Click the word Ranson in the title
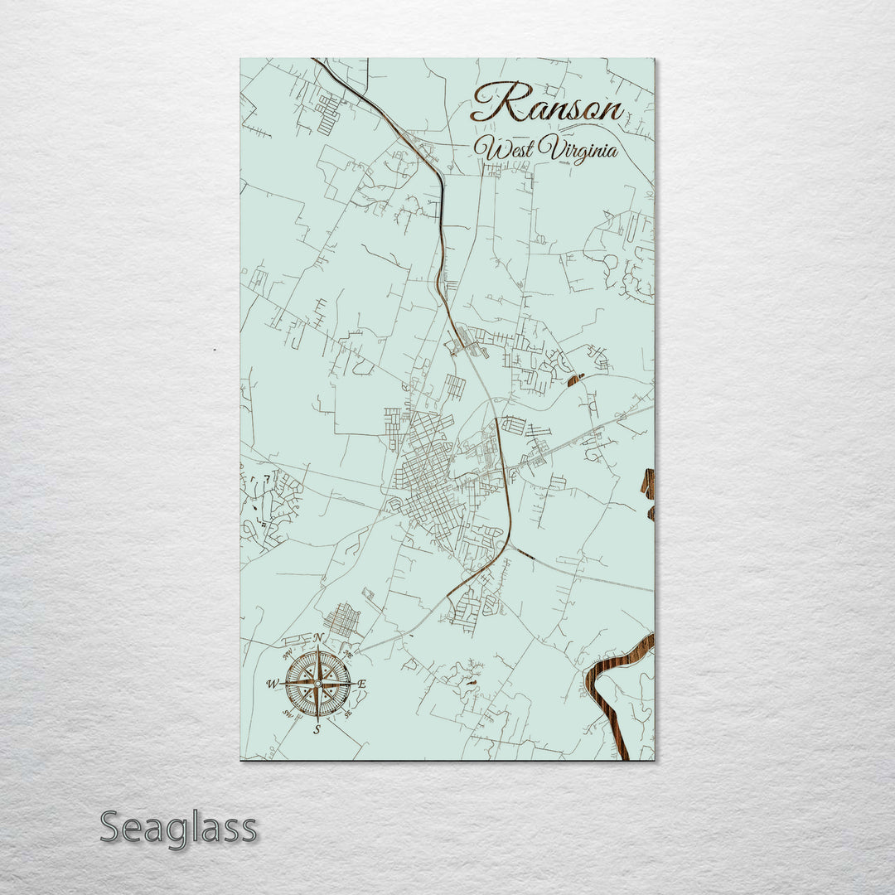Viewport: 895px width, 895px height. pos(547,104)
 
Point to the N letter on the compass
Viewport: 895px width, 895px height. pos(318,637)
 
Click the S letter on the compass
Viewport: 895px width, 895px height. pos(317,729)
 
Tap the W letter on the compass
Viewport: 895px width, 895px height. pos(271,685)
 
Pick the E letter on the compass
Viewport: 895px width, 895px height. pos(362,684)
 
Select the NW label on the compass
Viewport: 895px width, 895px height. pos(287,652)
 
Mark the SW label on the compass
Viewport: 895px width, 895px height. pos(287,714)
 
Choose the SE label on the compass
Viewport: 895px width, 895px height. pos(348,713)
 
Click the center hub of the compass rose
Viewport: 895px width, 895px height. pos(317,684)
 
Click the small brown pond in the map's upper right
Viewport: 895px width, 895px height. pos(575,380)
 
